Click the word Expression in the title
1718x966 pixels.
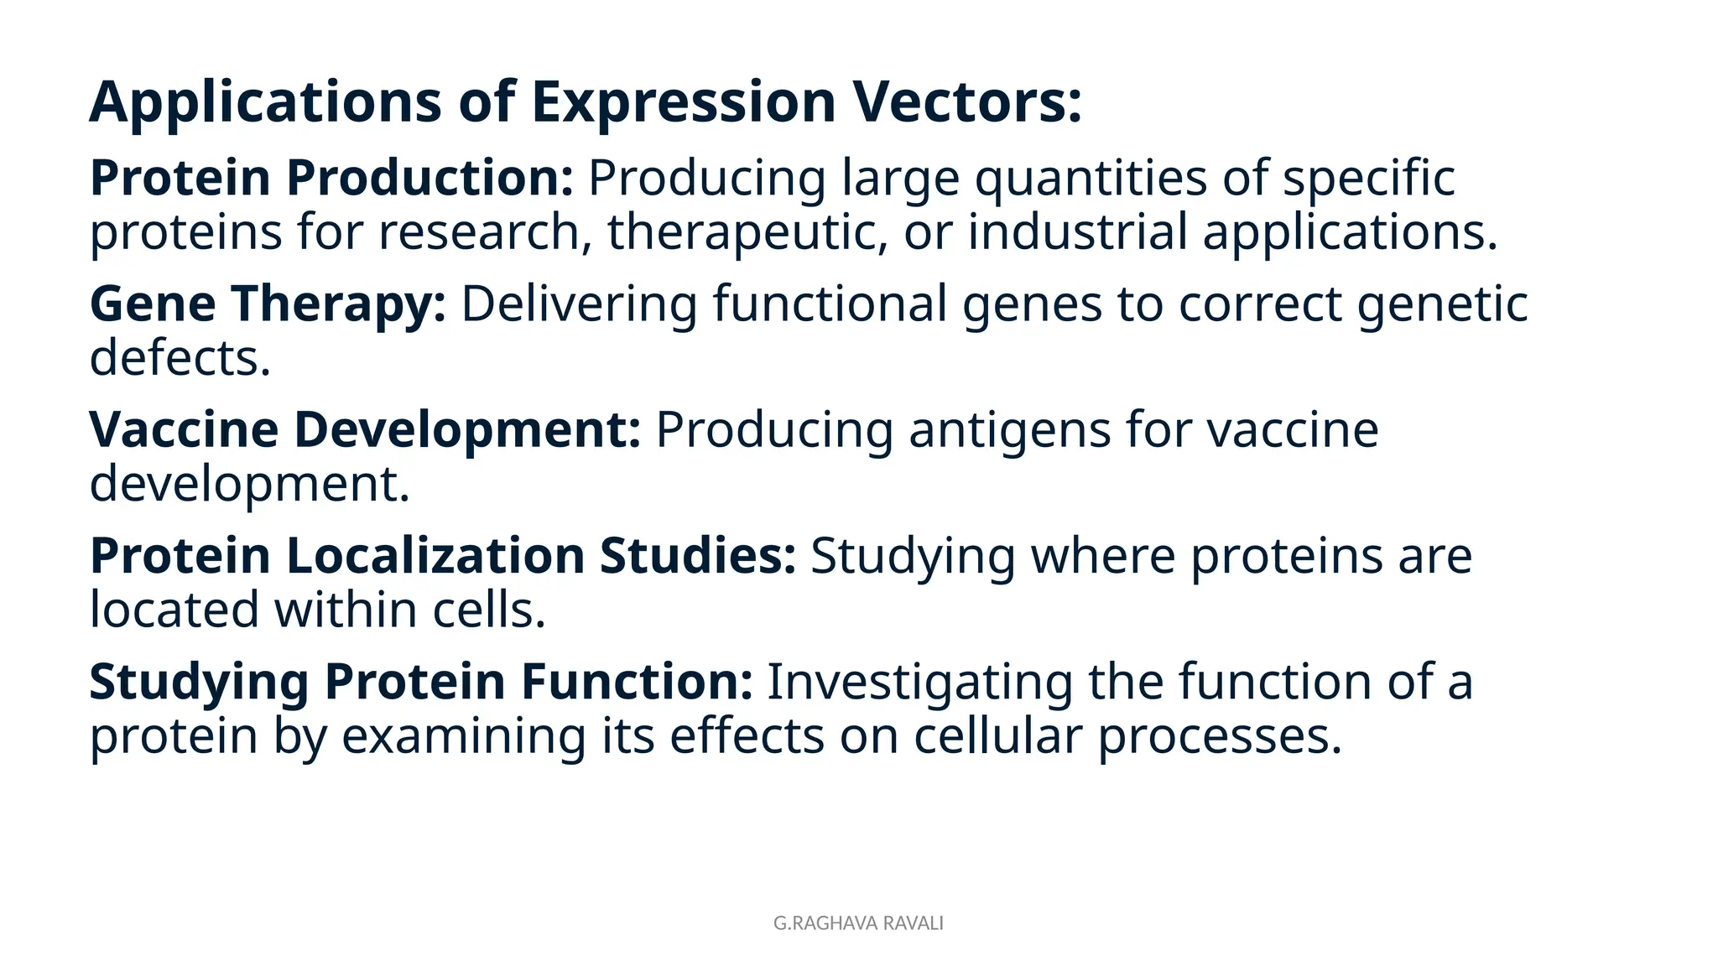point(683,102)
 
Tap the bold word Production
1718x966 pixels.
point(429,178)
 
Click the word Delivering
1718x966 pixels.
point(579,304)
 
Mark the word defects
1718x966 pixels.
point(180,358)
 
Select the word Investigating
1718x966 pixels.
point(919,683)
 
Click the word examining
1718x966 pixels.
point(463,737)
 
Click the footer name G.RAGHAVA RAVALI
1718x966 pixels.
point(858,923)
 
